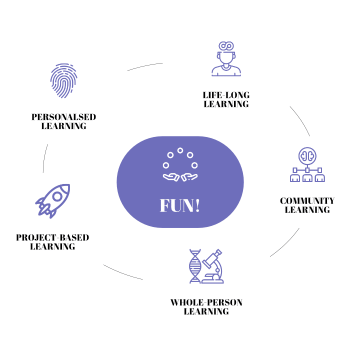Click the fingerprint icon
pos(64,80)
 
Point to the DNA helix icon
pos(194,265)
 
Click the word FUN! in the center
pos(180,205)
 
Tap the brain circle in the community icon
pos(307,155)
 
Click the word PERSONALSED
pos(64,117)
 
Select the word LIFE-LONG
pos(226,95)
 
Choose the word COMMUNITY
pos(307,201)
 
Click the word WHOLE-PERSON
pos(206,302)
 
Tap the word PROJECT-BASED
pos(52,237)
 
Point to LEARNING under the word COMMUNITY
pos(307,210)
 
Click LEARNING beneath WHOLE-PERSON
pos(206,311)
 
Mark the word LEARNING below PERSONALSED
pos(64,126)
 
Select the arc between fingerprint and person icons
pos(145,66)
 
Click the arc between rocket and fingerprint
pos(45,158)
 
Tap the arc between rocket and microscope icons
pos(122,272)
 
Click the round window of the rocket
pos(58,196)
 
